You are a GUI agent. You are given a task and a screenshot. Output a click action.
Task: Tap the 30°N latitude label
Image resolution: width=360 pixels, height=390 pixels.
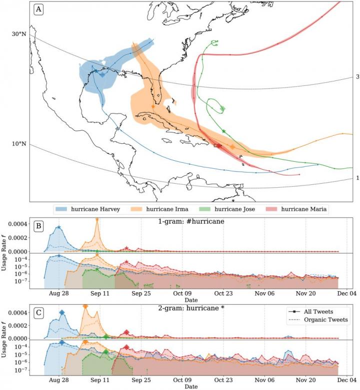(x=18, y=34)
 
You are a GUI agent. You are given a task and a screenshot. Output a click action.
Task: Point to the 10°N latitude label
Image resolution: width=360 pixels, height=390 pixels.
(x=18, y=144)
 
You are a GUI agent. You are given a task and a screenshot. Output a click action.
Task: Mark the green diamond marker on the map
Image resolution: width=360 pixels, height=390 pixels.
(x=222, y=109)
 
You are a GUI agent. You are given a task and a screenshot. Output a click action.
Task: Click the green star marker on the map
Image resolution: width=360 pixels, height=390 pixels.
(x=223, y=131)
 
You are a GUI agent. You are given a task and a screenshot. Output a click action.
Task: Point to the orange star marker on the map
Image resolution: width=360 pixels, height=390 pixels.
(x=152, y=106)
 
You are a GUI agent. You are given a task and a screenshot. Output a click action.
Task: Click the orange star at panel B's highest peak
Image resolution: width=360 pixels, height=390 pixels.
(x=97, y=220)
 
